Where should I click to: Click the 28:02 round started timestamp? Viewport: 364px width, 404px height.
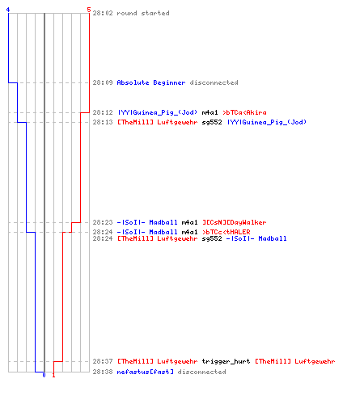(103, 13)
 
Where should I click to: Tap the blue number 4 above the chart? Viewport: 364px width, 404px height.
(8, 10)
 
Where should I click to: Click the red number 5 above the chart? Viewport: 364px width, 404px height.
(89, 10)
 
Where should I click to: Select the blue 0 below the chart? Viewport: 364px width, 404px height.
(44, 375)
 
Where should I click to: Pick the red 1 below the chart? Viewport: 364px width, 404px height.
(53, 375)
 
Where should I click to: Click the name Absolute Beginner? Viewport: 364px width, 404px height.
(151, 82)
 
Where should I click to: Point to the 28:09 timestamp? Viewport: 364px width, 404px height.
(103, 82)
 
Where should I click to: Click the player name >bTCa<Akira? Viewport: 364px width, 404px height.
(244, 112)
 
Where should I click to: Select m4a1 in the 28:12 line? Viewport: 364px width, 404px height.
(210, 112)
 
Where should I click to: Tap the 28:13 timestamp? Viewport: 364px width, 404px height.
(103, 122)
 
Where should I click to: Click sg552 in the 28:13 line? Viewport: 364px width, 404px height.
(212, 122)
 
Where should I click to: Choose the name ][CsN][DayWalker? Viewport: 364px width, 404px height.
(235, 222)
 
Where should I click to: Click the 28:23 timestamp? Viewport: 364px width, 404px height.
(103, 222)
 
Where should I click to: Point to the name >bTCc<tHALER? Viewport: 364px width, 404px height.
(226, 232)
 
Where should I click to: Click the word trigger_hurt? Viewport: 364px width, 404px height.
(226, 361)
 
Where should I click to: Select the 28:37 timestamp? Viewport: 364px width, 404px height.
(103, 361)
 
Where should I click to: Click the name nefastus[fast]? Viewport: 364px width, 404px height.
(145, 372)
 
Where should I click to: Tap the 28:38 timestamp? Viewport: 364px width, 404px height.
(103, 372)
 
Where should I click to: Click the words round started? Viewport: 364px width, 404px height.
(143, 13)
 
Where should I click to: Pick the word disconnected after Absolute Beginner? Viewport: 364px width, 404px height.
(214, 82)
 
